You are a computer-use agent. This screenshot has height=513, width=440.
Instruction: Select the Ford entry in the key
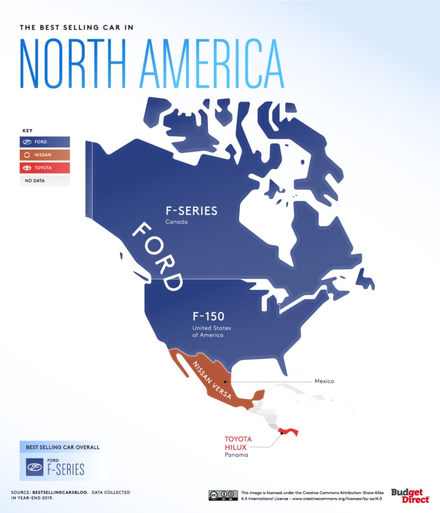click(x=45, y=142)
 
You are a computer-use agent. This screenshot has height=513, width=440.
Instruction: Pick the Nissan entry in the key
click(x=45, y=155)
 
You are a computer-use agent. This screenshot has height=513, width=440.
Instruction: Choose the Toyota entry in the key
click(x=45, y=167)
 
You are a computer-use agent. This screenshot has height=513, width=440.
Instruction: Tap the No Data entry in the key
click(x=45, y=181)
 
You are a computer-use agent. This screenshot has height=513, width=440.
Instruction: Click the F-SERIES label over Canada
click(x=191, y=211)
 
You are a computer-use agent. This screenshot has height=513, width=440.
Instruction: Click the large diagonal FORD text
click(x=157, y=256)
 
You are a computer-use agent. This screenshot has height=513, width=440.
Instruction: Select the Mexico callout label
click(x=324, y=382)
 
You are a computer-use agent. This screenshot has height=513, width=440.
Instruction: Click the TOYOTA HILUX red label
click(x=238, y=443)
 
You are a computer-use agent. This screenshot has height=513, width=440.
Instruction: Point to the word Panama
click(x=236, y=455)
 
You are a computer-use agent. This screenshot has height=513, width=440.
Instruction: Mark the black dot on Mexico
click(x=225, y=382)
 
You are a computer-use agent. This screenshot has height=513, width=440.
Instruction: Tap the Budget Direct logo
click(x=411, y=495)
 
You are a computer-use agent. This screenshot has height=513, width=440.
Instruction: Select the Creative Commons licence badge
click(x=223, y=495)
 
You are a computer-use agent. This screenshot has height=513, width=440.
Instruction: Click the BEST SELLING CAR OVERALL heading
click(x=54, y=447)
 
